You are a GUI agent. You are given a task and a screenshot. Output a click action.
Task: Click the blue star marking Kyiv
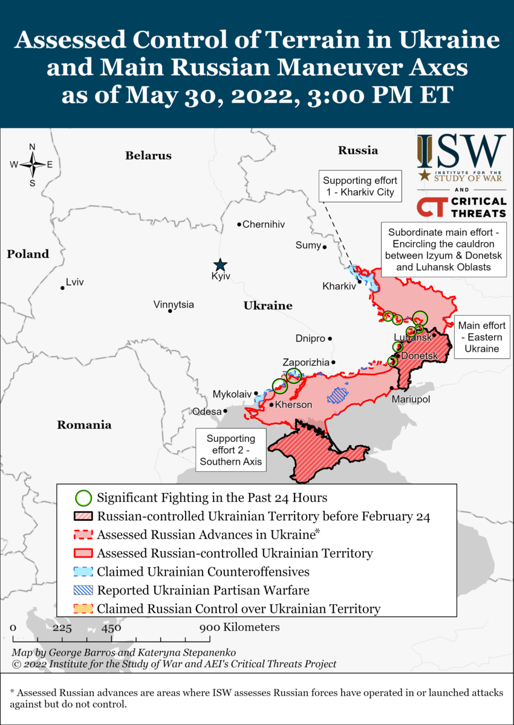click(x=220, y=265)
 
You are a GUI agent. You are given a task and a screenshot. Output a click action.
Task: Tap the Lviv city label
click(x=75, y=282)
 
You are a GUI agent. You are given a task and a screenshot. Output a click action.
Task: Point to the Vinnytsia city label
click(x=174, y=304)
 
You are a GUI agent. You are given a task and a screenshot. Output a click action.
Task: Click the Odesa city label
click(x=206, y=411)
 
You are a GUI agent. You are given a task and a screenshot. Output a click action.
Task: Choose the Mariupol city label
click(x=411, y=399)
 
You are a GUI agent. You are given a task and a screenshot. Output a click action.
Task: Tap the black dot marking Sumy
click(x=325, y=247)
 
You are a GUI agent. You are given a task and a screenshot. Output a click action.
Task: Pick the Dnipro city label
click(x=310, y=338)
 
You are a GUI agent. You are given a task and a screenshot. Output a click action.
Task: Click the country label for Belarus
click(x=148, y=155)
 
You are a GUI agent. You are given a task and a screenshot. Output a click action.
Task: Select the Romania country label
click(x=84, y=425)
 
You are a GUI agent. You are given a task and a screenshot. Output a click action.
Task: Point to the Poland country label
click(x=28, y=254)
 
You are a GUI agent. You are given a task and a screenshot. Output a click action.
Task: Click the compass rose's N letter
click(x=32, y=147)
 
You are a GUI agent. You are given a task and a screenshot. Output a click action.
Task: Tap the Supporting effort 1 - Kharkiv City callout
click(x=360, y=187)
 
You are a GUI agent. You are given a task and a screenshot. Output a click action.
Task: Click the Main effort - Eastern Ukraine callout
click(x=482, y=337)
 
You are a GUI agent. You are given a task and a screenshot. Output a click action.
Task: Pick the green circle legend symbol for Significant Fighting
click(x=83, y=498)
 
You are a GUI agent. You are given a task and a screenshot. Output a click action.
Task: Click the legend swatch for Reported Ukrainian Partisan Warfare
click(x=83, y=590)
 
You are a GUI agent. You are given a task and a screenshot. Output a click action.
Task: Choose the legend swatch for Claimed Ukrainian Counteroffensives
click(x=83, y=572)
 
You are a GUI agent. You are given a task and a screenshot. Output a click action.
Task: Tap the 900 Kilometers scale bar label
click(x=241, y=627)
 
